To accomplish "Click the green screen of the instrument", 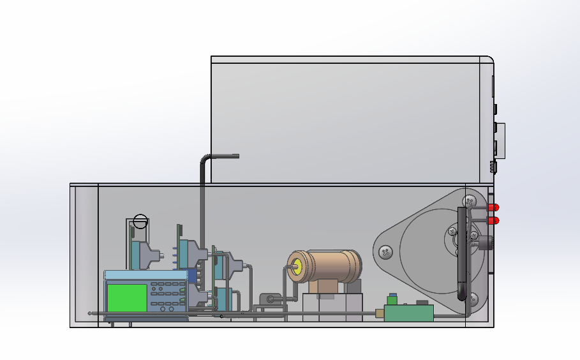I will [126, 297].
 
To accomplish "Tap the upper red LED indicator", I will [494, 207].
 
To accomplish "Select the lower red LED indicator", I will [494, 220].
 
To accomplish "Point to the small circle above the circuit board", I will [140, 222].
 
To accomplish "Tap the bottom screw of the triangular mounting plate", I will [473, 298].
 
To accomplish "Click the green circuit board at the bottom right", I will [408, 313].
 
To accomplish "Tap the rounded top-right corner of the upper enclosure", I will [489, 61].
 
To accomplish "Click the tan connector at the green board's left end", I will [379, 313].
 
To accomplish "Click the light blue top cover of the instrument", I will [146, 275].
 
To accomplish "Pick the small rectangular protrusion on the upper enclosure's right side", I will [501, 140].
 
